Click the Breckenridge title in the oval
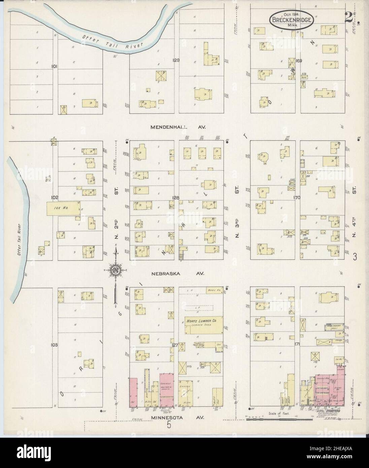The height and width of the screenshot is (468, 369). pos(292,20)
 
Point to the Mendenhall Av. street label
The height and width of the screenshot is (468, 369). pos(178,127)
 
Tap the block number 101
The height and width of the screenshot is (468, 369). pos(54,67)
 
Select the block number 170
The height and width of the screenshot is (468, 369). pos(296,198)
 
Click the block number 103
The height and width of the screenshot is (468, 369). pos(54,345)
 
